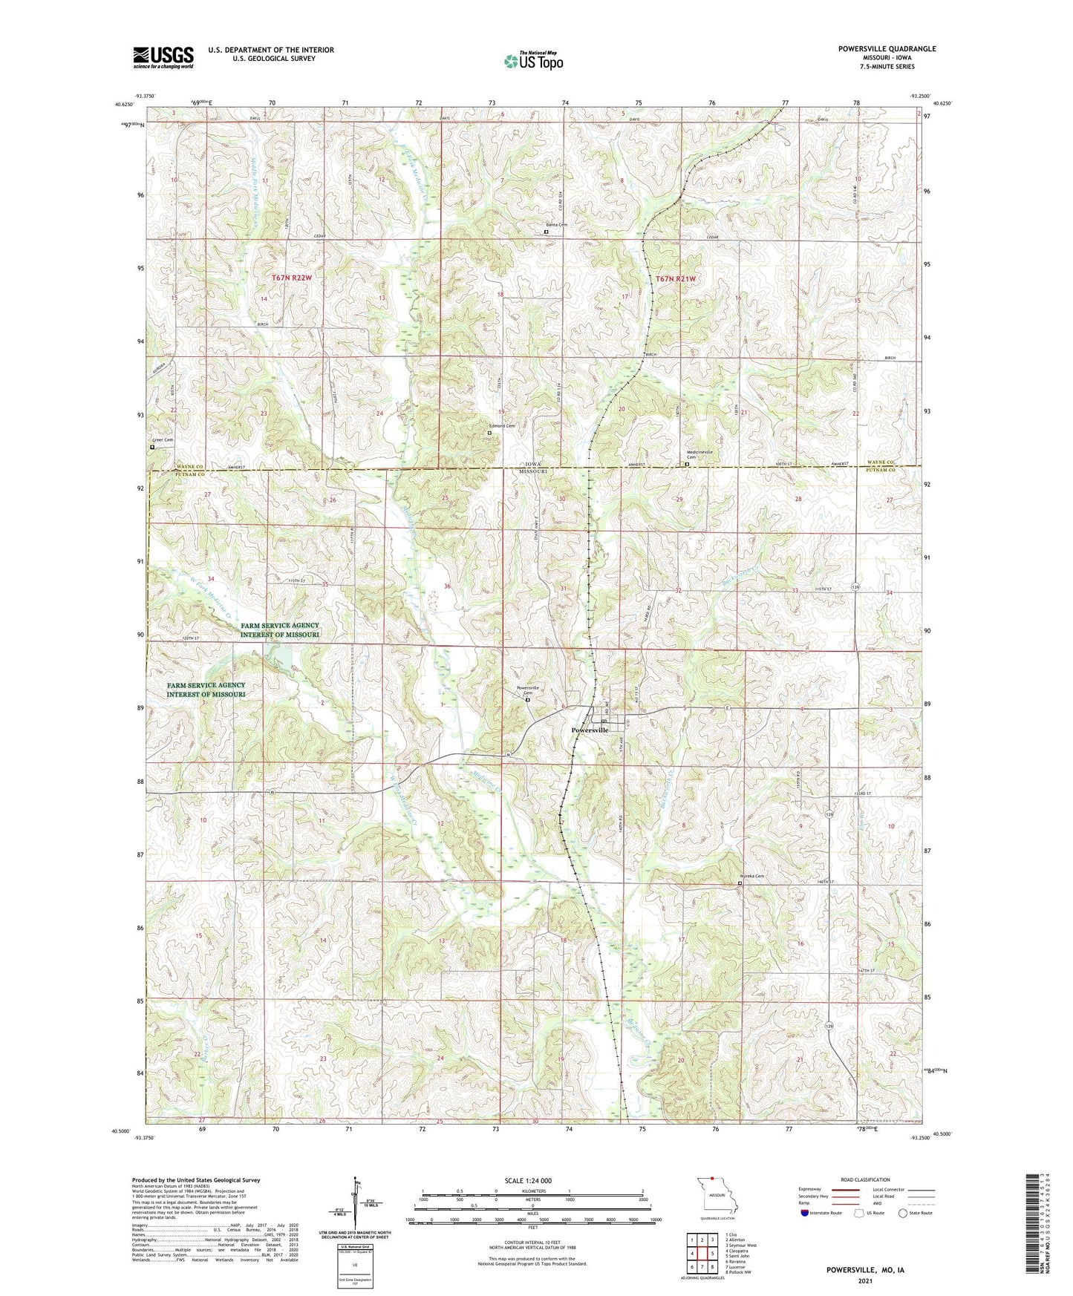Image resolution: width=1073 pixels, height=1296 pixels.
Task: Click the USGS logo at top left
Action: [163, 56]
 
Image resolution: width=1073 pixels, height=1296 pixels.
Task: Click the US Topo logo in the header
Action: [532, 61]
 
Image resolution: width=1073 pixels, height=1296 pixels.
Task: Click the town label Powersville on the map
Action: [590, 730]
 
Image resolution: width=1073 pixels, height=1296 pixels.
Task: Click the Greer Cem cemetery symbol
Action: [152, 448]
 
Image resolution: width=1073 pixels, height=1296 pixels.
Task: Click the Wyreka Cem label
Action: [751, 876]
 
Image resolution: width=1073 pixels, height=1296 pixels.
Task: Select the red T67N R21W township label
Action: [676, 278]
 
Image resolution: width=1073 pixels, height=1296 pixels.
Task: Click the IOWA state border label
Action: [532, 463]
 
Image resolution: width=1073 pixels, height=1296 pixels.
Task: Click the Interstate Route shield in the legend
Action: [806, 1213]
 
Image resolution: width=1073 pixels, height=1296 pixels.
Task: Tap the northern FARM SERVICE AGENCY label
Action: [280, 630]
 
